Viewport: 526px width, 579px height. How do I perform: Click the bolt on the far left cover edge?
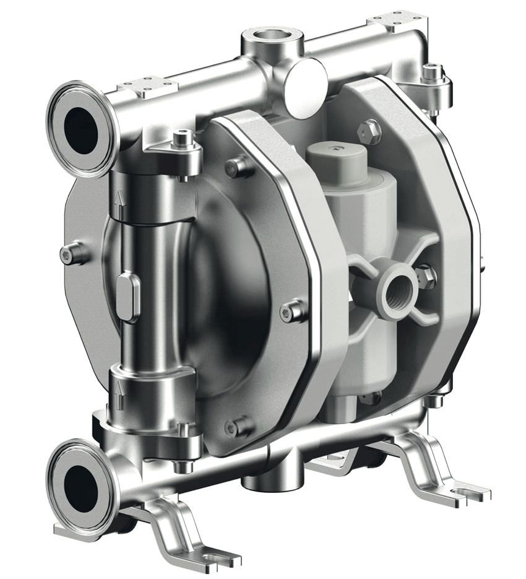tap(72, 253)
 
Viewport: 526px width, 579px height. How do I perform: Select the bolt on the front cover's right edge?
tap(291, 311)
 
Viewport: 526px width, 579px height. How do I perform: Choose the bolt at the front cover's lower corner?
tap(236, 427)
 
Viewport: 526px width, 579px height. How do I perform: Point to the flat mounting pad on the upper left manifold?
tap(144, 86)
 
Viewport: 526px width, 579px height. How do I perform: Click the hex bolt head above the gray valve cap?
tap(370, 131)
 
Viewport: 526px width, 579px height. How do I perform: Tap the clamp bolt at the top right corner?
tap(431, 73)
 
